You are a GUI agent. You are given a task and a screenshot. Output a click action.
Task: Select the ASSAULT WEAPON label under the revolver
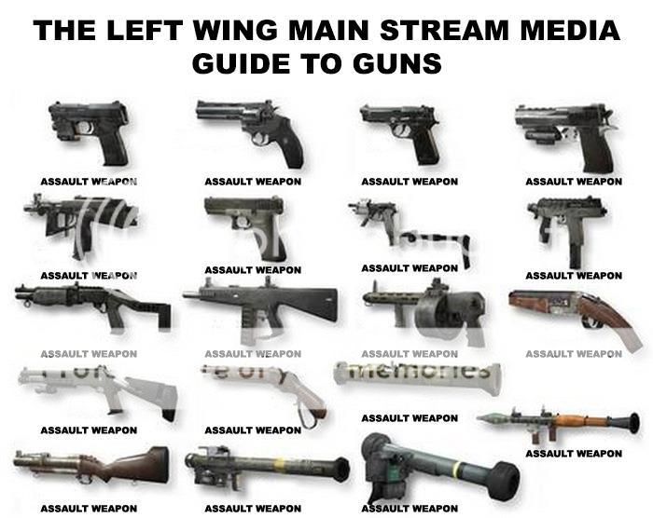point(253,182)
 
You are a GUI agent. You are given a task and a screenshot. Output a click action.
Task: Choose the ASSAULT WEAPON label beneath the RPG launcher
point(574,454)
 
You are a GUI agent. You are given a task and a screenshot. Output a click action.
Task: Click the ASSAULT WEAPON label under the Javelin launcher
point(410,509)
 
